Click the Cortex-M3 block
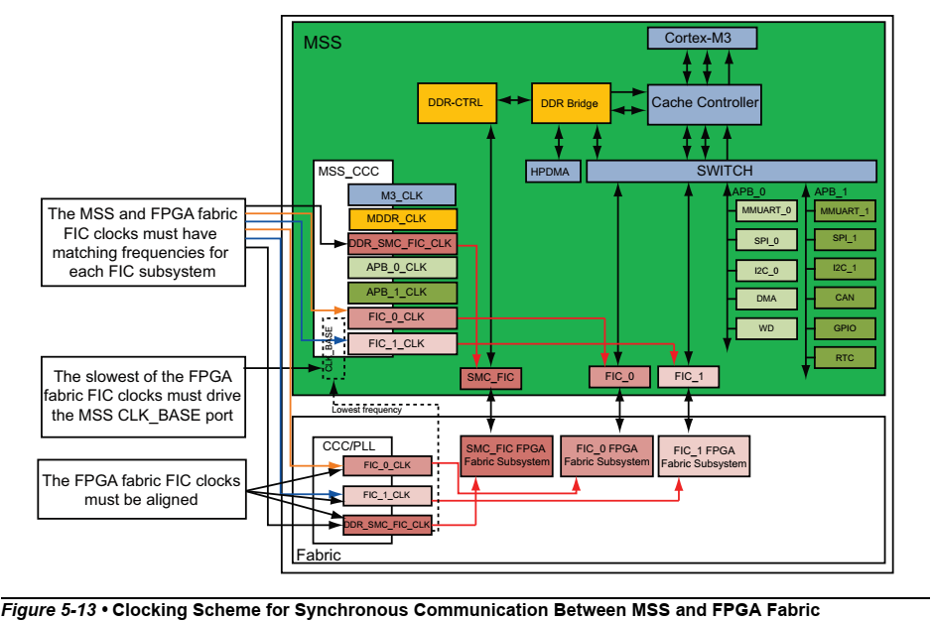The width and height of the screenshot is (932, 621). [x=702, y=38]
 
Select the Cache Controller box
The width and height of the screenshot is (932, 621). [x=705, y=102]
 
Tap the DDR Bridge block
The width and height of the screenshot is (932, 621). [x=569, y=103]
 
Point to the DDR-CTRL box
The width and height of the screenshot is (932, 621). [x=455, y=102]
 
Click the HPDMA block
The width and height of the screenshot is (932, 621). [x=550, y=172]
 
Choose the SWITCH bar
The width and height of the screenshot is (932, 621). [x=732, y=172]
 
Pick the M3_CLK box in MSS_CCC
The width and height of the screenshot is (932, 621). [x=401, y=195]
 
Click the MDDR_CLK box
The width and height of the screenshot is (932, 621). [x=401, y=219]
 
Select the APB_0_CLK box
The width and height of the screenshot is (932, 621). [x=401, y=268]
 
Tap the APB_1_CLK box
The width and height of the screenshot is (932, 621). [x=401, y=293]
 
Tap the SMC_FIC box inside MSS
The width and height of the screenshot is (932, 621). [x=489, y=377]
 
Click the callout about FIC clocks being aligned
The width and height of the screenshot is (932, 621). [x=142, y=489]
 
